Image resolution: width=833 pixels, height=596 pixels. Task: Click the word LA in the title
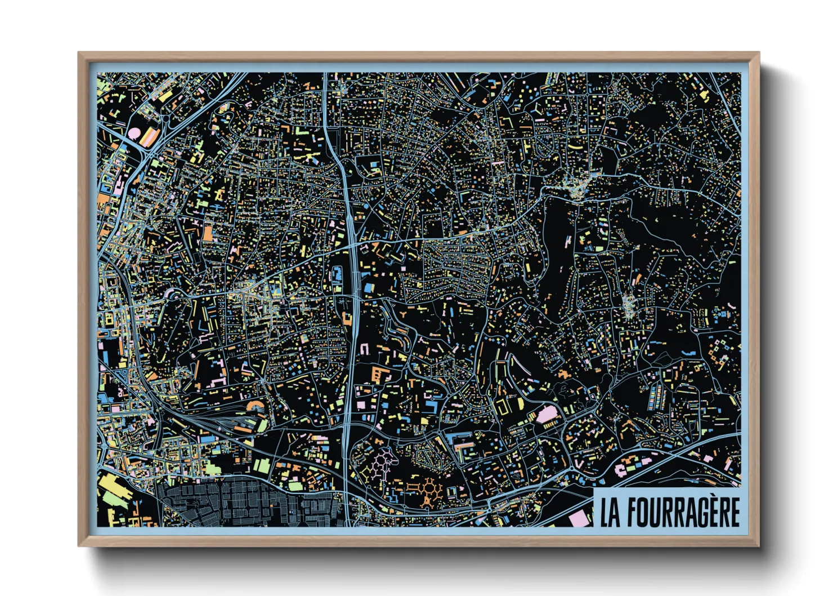[610, 512]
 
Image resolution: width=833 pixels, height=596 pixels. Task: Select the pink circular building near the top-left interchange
[135, 134]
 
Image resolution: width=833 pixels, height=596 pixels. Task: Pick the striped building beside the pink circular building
[151, 137]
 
